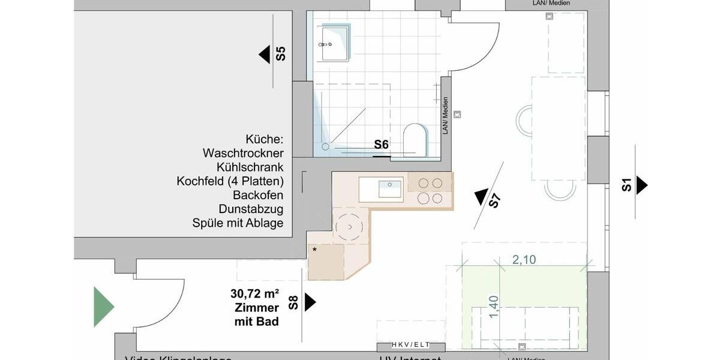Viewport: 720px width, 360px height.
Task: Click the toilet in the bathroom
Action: pos(415,140)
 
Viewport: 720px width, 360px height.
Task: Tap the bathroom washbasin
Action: pos(335,43)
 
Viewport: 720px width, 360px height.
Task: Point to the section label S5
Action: pos(281,55)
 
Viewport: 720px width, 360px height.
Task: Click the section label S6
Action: pos(382,145)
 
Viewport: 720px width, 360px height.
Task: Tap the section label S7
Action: pos(494,200)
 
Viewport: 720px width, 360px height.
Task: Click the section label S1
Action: pos(626,185)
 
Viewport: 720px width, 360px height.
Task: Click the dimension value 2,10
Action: pos(524,260)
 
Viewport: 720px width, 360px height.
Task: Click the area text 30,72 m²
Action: pos(254,295)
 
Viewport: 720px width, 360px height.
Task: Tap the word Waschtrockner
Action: pos(243,153)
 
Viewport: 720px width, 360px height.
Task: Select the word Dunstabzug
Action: pos(251,209)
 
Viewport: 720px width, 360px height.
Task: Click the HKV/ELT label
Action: pos(411,344)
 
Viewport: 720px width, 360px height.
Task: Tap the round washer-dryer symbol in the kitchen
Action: pos(349,226)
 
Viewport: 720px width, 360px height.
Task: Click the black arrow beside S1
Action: pos(641,185)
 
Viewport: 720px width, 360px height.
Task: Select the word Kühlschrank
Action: pos(250,167)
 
